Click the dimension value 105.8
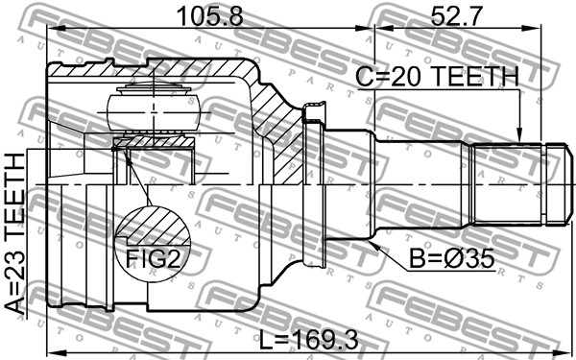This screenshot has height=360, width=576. point(209,16)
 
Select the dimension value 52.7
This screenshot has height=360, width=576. point(456,16)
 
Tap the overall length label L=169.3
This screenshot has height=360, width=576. point(308,341)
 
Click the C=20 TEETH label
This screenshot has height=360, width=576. point(437,77)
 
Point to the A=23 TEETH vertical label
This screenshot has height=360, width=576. point(15,234)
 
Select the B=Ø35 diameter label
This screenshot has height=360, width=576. point(452,259)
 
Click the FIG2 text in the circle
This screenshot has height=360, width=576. point(154,258)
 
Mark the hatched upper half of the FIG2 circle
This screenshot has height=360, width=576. point(154,226)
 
